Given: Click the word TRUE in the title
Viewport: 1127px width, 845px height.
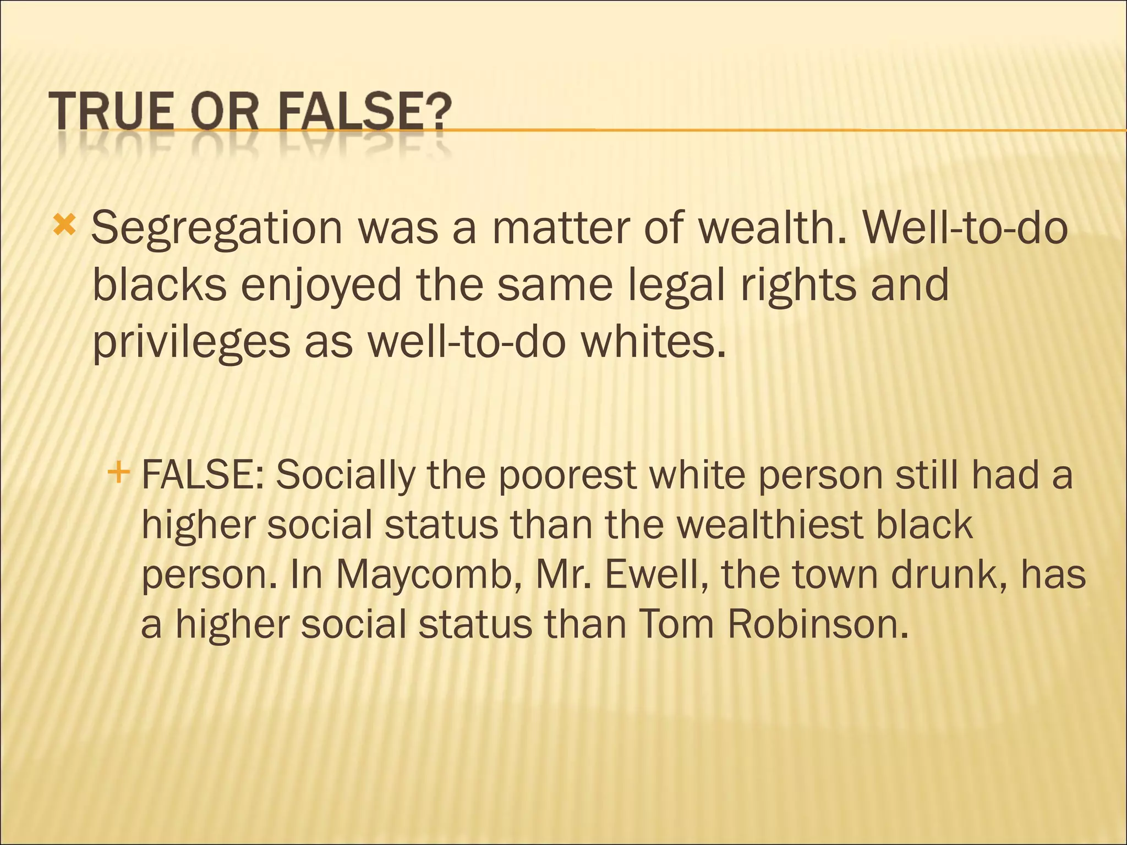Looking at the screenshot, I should tap(110, 112).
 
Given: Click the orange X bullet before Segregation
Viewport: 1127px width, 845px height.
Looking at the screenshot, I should tap(64, 224).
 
